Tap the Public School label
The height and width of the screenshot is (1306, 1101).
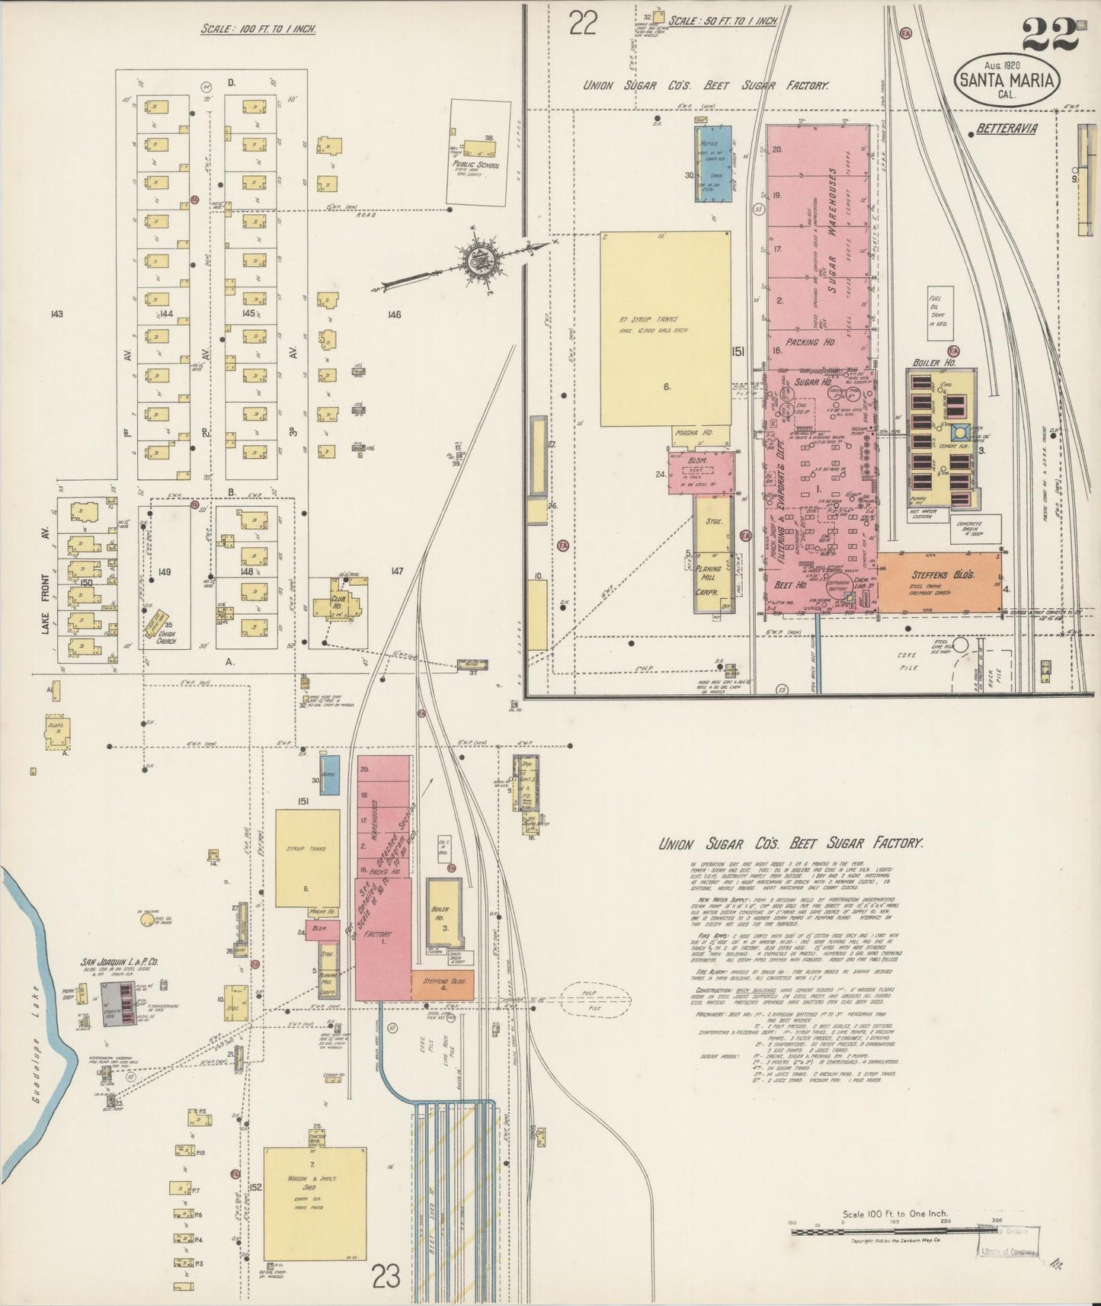(x=476, y=164)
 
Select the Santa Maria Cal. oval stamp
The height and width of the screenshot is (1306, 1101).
(x=1007, y=78)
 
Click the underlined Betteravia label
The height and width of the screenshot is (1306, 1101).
(x=1007, y=129)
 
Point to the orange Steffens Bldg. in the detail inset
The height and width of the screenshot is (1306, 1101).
(x=939, y=581)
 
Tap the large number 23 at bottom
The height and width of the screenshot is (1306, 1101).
(x=386, y=1275)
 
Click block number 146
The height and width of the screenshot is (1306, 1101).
(x=394, y=314)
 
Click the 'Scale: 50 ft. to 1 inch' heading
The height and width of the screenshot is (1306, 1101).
(x=722, y=21)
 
